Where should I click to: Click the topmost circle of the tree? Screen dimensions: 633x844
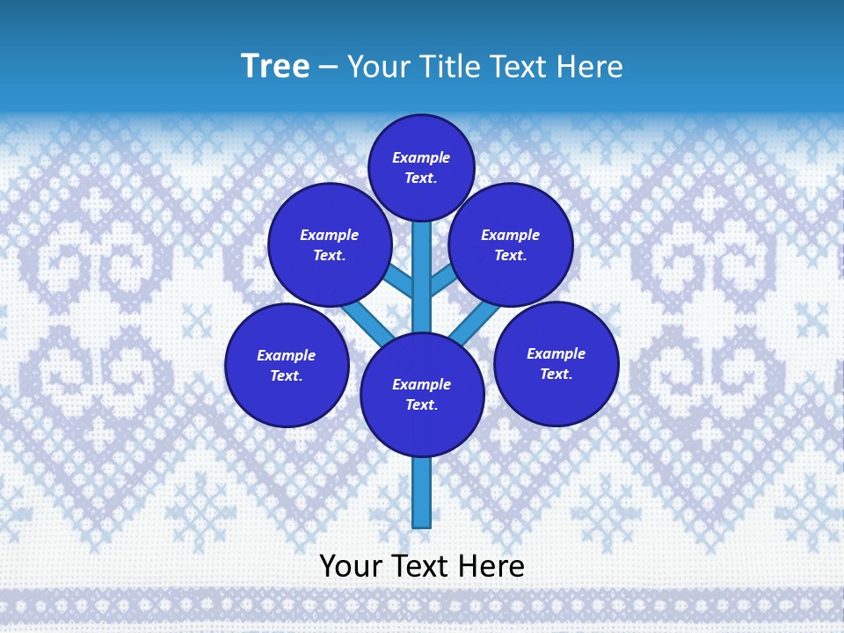point(421,167)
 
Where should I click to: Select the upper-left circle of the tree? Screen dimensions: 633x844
point(330,244)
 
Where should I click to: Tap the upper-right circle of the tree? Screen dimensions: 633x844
point(511,244)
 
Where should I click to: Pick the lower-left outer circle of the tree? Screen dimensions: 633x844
point(287,365)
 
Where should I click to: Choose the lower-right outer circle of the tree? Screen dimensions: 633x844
point(557,363)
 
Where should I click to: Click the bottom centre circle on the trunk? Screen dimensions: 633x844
point(422,395)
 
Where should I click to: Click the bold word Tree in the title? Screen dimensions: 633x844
point(275,67)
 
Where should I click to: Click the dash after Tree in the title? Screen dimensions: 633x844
point(328,68)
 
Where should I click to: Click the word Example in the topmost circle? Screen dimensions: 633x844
point(421,157)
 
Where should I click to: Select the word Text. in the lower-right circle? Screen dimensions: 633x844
point(557,374)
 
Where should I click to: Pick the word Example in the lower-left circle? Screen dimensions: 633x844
point(287,355)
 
